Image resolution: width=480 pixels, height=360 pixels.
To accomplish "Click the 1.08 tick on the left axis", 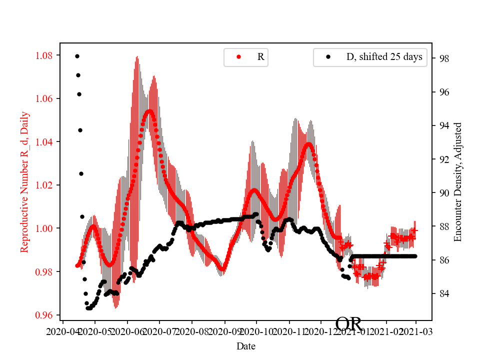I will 46,55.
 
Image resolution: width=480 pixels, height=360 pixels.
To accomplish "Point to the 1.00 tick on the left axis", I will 46,228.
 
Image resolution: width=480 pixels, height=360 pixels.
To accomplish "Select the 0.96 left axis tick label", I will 46,315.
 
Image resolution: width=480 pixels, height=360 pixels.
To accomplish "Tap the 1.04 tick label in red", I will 46,142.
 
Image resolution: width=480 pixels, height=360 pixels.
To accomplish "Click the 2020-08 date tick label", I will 192,331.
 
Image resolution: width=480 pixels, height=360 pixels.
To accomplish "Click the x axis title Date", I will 246,345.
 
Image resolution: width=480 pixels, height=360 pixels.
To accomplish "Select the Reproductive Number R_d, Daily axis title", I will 24,182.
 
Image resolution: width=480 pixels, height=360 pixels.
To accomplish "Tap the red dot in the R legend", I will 238,57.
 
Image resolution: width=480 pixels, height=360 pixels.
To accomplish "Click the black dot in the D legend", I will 328,57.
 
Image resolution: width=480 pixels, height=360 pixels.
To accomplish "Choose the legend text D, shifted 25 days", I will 384,57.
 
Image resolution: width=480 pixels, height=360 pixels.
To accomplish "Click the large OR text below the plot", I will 348,324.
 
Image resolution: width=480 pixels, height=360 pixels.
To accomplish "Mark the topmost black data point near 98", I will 77,56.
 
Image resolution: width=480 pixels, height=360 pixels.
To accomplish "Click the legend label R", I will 260,57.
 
